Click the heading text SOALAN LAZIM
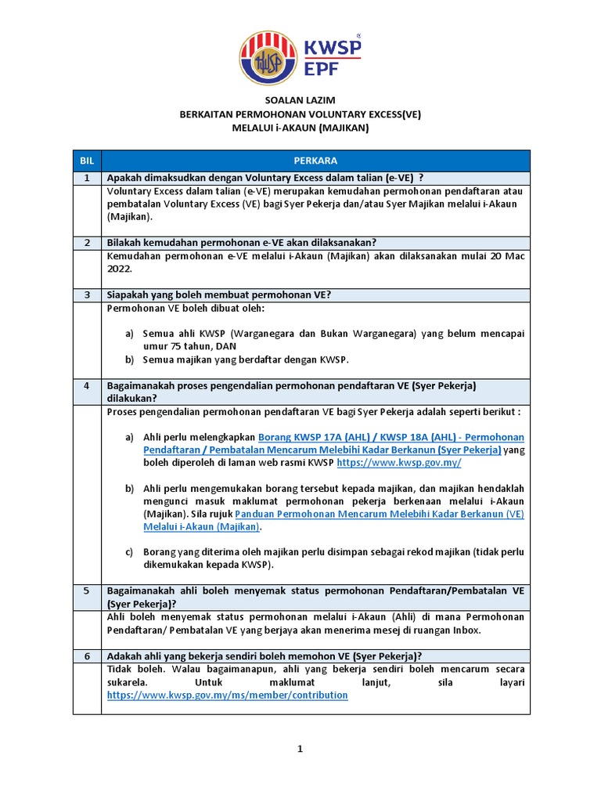300,100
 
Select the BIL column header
86,161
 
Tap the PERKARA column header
315,161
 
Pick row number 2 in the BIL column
86,242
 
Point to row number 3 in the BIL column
86,294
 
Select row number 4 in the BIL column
86,385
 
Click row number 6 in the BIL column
86,655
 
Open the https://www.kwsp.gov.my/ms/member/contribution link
227,695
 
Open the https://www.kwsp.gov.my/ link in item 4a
398,464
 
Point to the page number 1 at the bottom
300,750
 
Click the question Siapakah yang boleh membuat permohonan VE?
218,294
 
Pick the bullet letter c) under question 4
130,552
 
